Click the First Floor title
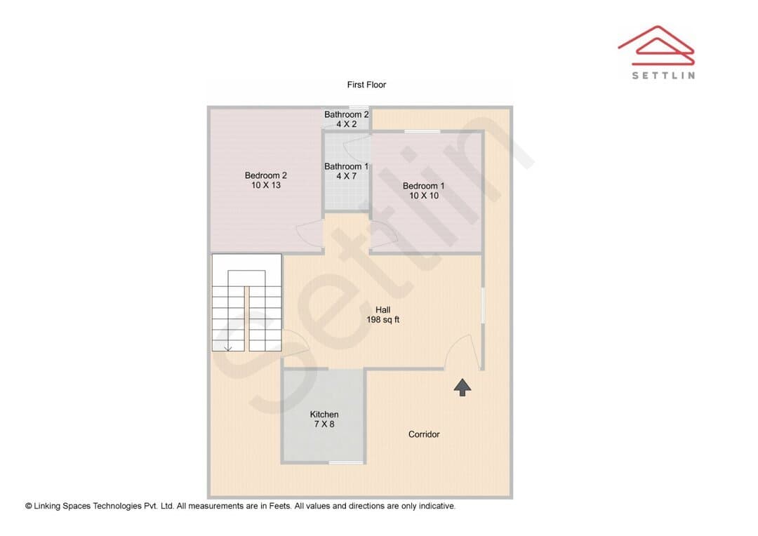(366, 85)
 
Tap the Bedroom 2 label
(265, 175)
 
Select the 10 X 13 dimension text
(266, 185)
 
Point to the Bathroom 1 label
(346, 166)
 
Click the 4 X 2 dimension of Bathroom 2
(347, 124)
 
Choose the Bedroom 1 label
(423, 186)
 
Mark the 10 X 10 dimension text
(424, 196)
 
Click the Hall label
(383, 310)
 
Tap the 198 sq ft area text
(383, 319)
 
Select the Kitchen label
(324, 414)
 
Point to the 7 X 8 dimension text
(324, 424)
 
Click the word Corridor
(424, 434)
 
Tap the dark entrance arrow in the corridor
(463, 387)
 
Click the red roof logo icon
(656, 45)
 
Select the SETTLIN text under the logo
(663, 75)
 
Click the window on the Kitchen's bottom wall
(346, 463)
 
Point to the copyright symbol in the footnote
(29, 506)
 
